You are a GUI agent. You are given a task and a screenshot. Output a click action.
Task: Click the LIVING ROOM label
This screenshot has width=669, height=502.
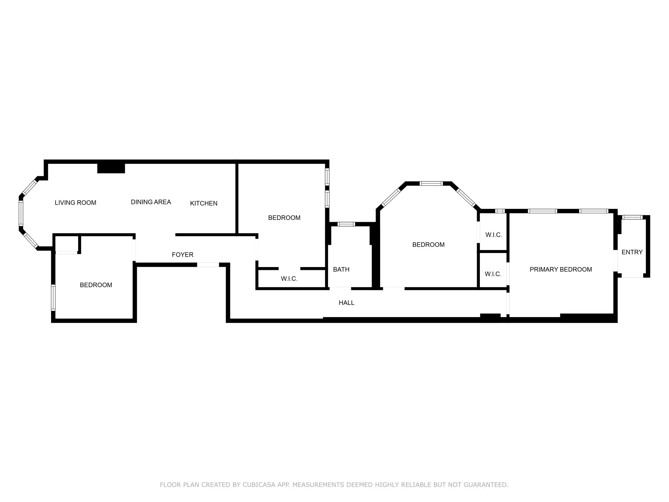(75, 203)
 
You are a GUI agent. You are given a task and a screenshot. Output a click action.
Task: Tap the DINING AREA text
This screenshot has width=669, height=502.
(151, 202)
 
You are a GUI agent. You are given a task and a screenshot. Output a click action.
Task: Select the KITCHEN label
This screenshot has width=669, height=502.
(204, 203)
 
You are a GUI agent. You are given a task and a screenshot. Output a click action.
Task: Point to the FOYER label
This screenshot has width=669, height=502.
(183, 255)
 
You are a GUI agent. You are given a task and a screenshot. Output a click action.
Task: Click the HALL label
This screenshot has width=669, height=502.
(347, 303)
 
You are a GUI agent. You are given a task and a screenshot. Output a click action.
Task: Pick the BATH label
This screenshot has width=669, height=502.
(341, 269)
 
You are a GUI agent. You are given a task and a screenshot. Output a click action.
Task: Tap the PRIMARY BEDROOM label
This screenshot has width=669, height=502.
(561, 269)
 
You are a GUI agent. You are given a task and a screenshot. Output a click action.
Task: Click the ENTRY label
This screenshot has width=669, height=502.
(632, 252)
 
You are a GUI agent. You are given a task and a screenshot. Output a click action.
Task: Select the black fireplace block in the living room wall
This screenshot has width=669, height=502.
(111, 168)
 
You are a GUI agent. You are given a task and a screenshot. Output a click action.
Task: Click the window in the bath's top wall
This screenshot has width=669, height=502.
(346, 224)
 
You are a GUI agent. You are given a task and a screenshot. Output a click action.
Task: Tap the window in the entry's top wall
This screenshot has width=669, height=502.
(632, 217)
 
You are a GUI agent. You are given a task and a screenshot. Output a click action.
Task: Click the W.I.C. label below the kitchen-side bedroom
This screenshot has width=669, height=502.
(289, 279)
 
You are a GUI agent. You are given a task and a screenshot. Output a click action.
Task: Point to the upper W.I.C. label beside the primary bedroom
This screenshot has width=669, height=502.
(494, 235)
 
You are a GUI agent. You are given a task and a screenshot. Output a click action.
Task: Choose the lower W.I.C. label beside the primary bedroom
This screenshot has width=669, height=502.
(493, 274)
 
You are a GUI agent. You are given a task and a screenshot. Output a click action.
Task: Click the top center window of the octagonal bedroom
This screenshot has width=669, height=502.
(431, 183)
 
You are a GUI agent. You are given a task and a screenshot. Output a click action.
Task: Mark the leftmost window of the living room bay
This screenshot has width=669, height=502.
(21, 213)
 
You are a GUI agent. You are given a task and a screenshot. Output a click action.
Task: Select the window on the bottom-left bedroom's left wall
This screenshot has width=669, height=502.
(53, 297)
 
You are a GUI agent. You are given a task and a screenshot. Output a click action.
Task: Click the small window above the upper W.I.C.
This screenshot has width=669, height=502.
(500, 211)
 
